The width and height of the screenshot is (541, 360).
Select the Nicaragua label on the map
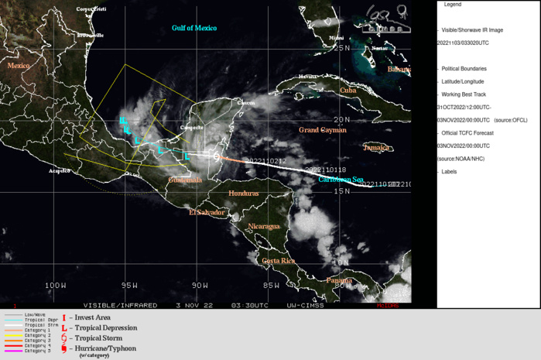263,226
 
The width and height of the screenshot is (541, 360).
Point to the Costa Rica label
279,261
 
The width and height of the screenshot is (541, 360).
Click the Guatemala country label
185,180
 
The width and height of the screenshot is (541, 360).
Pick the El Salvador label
207,211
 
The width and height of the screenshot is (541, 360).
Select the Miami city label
335,37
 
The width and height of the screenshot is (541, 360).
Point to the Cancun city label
245,103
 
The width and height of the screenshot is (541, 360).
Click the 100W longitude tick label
55,286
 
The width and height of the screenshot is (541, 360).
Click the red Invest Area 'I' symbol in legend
64,317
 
